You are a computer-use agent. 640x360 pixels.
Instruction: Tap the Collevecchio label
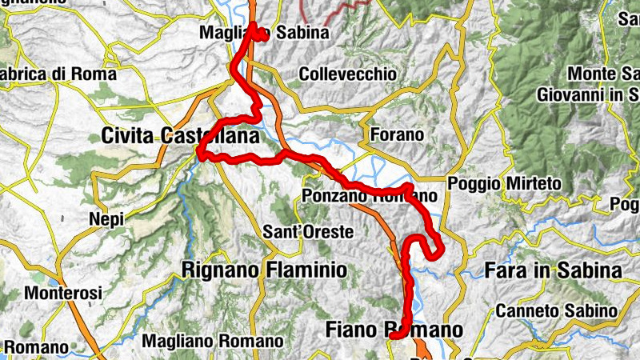click(x=347, y=74)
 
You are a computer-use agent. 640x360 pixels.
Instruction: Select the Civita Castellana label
click(x=180, y=137)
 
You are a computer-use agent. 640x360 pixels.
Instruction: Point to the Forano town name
click(x=395, y=134)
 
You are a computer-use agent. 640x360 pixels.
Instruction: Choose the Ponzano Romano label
click(x=370, y=196)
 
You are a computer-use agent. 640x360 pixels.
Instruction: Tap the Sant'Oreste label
click(x=308, y=233)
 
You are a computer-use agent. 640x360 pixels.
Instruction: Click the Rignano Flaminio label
click(x=265, y=270)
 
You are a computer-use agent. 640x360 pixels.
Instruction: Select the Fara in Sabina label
click(x=553, y=270)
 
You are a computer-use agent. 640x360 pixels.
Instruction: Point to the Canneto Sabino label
click(x=556, y=310)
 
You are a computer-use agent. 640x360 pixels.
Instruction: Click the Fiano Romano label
click(x=394, y=330)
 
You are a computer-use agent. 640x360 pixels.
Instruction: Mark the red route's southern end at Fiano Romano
click(x=394, y=338)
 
